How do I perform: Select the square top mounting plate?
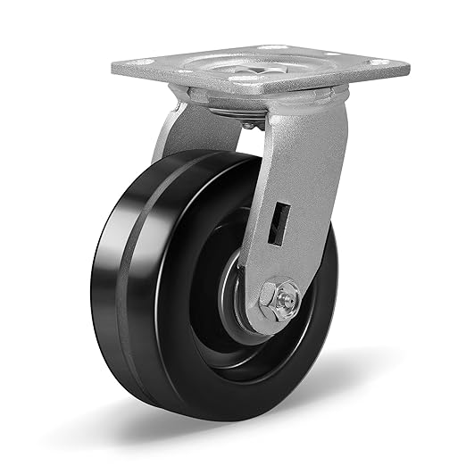(259, 76)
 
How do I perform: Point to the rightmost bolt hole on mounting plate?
(379, 62)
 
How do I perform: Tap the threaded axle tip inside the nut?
(285, 298)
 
